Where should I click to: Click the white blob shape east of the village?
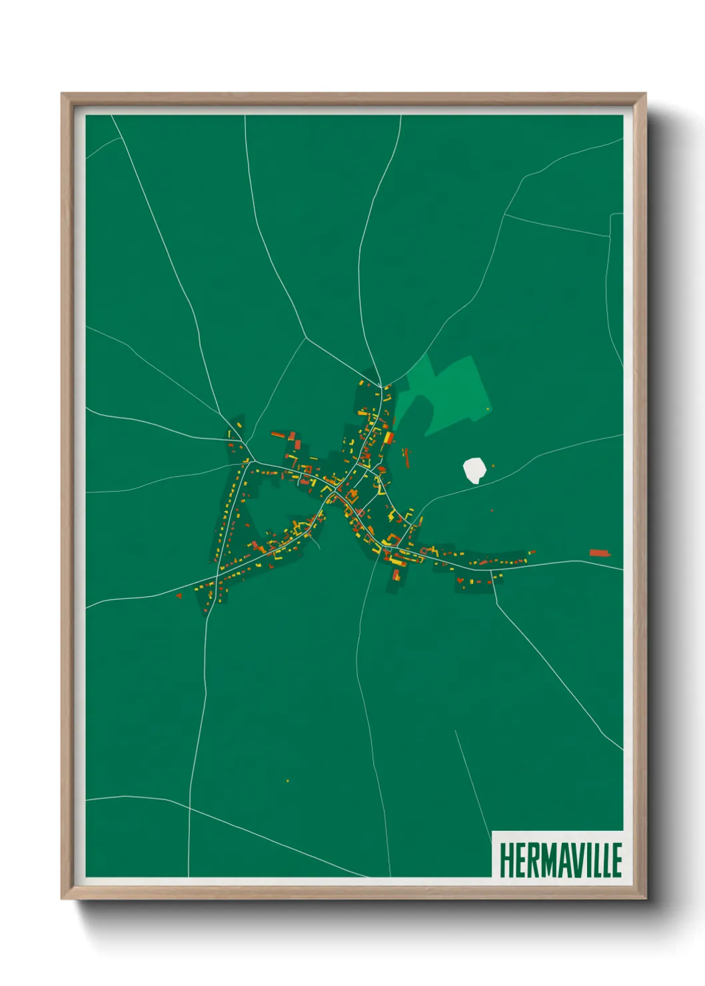point(473,470)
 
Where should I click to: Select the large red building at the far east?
point(600,552)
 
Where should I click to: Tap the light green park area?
point(453,393)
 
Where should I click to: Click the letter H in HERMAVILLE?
point(505,860)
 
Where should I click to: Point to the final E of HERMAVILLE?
point(616,860)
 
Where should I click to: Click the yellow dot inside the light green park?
point(488,408)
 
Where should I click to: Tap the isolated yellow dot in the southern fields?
point(287,780)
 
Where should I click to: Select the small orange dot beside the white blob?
point(493,466)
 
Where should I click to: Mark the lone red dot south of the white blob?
point(492,510)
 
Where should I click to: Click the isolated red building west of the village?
point(179,594)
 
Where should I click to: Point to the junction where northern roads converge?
point(381,386)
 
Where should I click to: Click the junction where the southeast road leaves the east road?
point(492,571)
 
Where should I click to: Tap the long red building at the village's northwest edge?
point(277,434)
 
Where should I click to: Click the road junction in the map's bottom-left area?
point(189,807)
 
